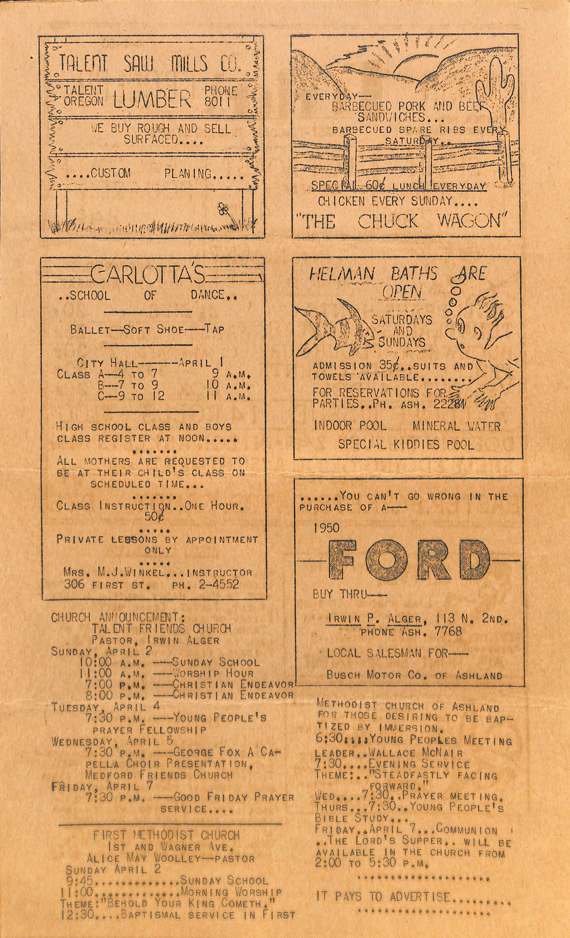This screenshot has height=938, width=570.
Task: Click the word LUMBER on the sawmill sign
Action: click(152, 99)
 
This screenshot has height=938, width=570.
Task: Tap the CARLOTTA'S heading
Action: click(148, 276)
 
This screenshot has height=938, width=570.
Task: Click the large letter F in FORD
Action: click(345, 561)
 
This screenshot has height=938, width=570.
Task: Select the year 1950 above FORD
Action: click(326, 528)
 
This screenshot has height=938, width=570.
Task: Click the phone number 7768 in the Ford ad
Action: click(448, 632)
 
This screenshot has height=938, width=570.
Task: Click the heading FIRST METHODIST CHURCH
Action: click(166, 835)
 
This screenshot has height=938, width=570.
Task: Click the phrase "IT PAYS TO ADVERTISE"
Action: click(383, 897)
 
